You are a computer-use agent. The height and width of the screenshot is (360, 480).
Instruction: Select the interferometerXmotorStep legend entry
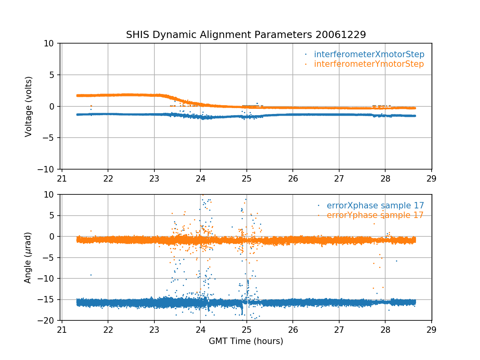(369, 54)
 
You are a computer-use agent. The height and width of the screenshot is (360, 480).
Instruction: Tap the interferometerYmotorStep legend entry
(368, 64)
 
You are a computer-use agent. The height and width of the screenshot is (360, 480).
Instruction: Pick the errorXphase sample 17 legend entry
(375, 206)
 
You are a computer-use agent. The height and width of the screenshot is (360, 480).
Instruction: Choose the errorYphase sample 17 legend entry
(375, 215)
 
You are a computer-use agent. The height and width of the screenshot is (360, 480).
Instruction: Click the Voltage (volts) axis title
(28, 106)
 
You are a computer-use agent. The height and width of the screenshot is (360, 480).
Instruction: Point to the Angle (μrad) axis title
(28, 258)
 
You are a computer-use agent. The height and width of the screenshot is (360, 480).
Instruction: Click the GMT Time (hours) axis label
(246, 341)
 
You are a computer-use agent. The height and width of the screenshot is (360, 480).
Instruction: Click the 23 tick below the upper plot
(154, 178)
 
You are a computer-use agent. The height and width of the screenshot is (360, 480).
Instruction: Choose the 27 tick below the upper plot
(339, 178)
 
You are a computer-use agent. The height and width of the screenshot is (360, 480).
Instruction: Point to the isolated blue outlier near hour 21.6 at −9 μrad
(91, 275)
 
